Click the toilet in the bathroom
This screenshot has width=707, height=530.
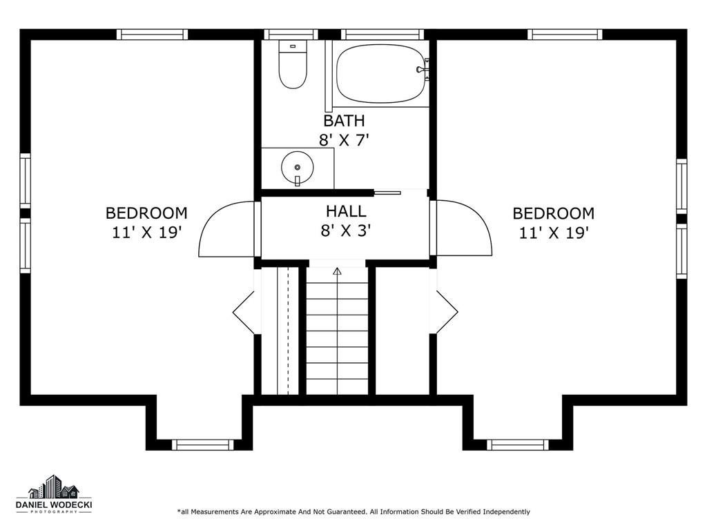(x=293, y=64)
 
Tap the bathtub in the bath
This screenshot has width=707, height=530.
(x=381, y=74)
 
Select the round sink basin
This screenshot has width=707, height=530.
(x=297, y=167)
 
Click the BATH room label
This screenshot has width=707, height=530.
(x=344, y=121)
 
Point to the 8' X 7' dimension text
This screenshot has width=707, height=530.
(x=344, y=141)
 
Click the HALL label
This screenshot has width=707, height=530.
(x=346, y=211)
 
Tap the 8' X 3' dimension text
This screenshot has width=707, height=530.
(x=345, y=230)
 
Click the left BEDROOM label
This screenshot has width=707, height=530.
(x=146, y=213)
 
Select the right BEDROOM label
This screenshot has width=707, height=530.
(x=553, y=213)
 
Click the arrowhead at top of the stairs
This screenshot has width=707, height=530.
(x=337, y=271)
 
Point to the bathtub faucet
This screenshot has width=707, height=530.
(x=423, y=69)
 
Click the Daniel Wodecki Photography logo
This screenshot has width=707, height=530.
(x=54, y=494)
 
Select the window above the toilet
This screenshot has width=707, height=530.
(x=291, y=35)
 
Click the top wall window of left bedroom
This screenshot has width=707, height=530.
(x=152, y=35)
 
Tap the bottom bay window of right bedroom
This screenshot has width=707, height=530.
(x=518, y=445)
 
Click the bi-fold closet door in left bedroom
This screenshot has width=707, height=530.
(x=244, y=313)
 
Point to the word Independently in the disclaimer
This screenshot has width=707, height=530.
(x=506, y=511)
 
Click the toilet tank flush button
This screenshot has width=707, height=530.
(x=293, y=46)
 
